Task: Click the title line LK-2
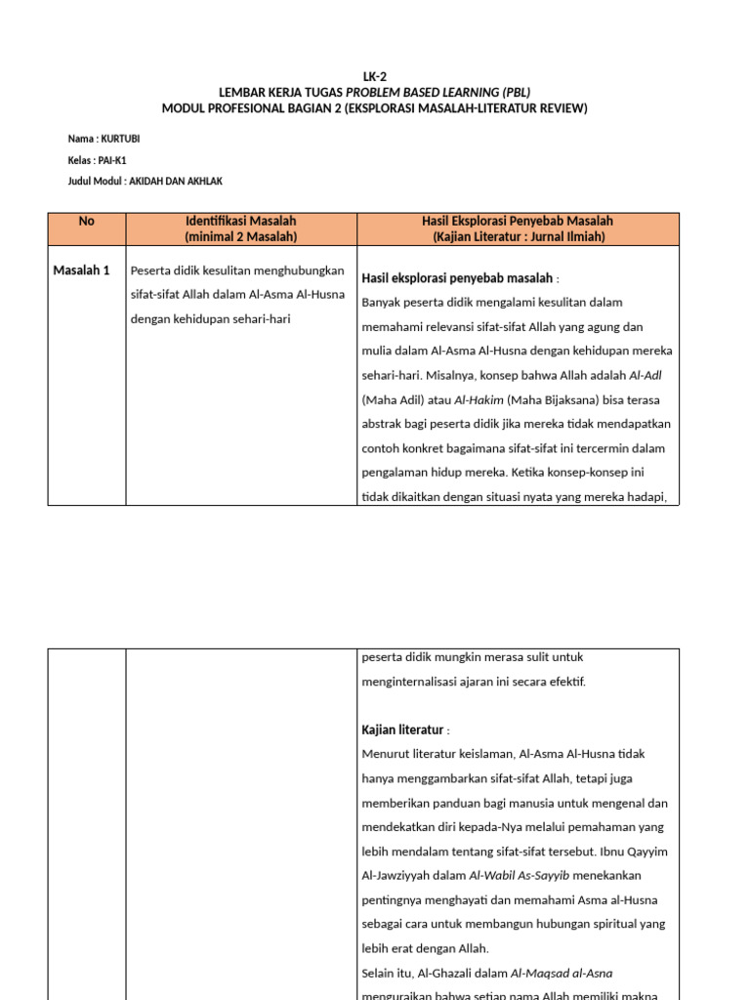pyautogui.click(x=375, y=76)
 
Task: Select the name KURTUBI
pyautogui.click(x=121, y=139)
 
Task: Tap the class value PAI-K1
pyautogui.click(x=113, y=160)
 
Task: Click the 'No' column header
pyautogui.click(x=87, y=222)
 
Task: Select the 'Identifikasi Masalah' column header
pyautogui.click(x=240, y=222)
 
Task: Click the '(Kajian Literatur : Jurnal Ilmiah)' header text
pyautogui.click(x=519, y=236)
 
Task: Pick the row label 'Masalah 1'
pyautogui.click(x=81, y=271)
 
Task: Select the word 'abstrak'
pyautogui.click(x=384, y=424)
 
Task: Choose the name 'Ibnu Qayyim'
pyautogui.click(x=637, y=827)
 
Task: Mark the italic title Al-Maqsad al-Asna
pyautogui.click(x=562, y=973)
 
